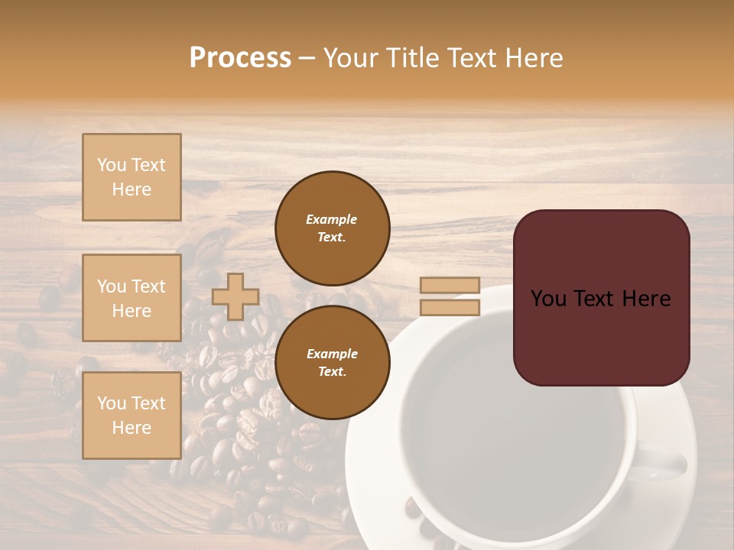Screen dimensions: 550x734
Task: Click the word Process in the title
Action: (x=240, y=58)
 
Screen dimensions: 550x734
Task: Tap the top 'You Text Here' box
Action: (x=132, y=177)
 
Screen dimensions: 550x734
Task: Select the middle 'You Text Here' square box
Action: (x=132, y=298)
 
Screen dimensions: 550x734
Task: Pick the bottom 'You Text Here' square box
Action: (x=132, y=416)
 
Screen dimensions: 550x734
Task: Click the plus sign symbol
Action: (x=235, y=296)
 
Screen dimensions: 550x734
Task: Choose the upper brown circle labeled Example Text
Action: (x=333, y=228)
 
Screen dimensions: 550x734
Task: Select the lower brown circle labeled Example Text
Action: (x=333, y=362)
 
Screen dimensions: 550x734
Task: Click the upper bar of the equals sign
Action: (x=450, y=286)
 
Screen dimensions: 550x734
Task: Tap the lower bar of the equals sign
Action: (x=450, y=308)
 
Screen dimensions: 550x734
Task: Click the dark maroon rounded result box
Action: (x=601, y=336)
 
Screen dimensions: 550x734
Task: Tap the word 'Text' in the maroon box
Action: (x=600, y=299)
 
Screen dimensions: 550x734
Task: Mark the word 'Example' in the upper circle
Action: (x=331, y=219)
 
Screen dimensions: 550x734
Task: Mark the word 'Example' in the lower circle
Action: (x=332, y=354)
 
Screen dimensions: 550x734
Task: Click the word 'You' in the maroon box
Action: (x=550, y=299)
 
